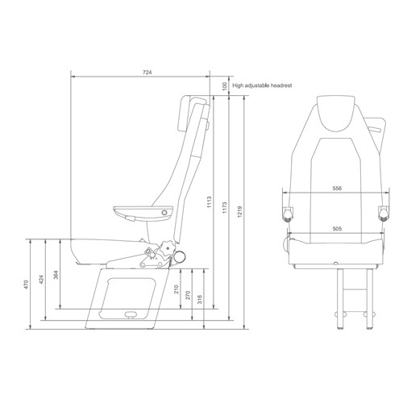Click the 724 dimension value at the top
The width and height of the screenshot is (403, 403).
(x=147, y=73)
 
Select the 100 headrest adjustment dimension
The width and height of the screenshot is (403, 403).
(x=223, y=85)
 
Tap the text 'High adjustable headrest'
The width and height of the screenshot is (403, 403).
(x=261, y=84)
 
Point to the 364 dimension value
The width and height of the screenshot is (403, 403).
(x=56, y=275)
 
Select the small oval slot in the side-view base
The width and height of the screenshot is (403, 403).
(x=130, y=314)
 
